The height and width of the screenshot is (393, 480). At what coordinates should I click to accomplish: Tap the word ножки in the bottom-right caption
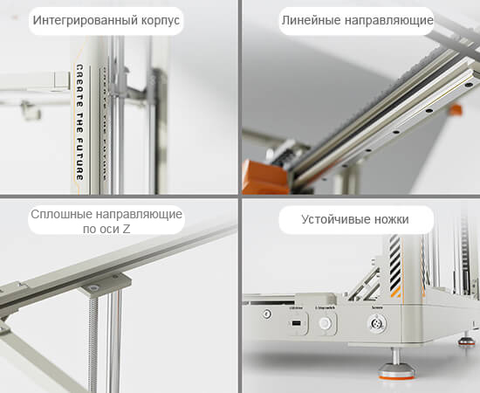point(389,219)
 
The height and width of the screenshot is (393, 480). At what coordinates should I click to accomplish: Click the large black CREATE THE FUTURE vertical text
point(79,121)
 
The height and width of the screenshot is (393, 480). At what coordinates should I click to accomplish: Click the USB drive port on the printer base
point(296,325)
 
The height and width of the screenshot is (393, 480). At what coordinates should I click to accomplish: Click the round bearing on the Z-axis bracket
point(93,289)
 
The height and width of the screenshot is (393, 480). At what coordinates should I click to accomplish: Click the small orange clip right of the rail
point(454,110)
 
